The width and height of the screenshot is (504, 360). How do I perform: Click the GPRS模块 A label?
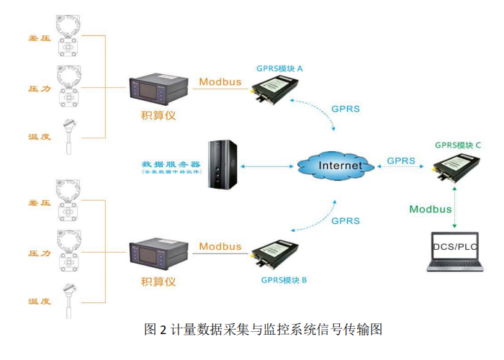tap(279, 68)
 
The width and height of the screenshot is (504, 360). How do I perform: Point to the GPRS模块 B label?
tap(284, 278)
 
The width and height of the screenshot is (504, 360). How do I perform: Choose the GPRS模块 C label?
tap(457, 145)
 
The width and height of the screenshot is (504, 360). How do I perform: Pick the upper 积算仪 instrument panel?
tap(158, 90)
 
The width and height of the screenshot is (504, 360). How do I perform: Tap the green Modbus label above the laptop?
tap(431, 210)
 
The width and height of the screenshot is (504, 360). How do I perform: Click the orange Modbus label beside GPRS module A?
tap(220, 81)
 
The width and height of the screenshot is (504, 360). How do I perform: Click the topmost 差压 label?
tap(38, 37)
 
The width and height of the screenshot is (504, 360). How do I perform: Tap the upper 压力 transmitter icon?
tap(71, 85)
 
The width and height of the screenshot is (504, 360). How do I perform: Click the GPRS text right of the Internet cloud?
tap(400, 160)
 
